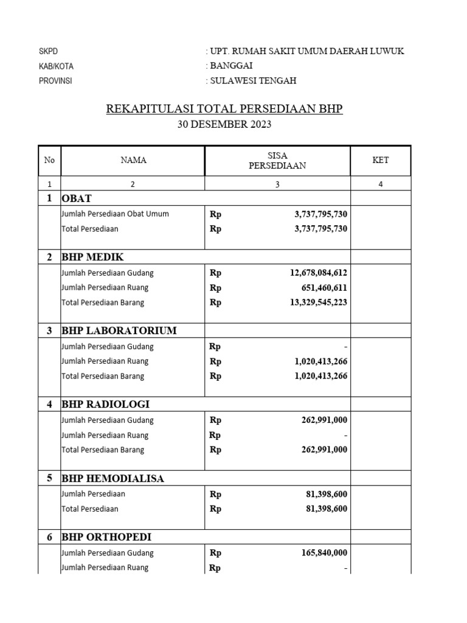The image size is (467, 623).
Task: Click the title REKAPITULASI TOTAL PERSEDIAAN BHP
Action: tap(224, 109)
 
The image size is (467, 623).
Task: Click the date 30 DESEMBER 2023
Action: tap(224, 125)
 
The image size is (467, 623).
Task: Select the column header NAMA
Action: tap(133, 161)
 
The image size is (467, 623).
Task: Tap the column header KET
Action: tap(381, 161)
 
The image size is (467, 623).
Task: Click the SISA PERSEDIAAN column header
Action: tap(277, 161)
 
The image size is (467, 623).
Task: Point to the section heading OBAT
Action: tap(77, 198)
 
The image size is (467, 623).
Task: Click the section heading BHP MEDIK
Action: tap(92, 257)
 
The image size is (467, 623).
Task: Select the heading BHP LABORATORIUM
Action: tap(119, 331)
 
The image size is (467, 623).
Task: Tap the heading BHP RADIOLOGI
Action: tap(105, 405)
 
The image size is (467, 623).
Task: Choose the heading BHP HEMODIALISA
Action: tap(112, 479)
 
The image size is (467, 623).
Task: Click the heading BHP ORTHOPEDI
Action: tap(106, 537)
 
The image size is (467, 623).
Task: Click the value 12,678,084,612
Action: tap(318, 273)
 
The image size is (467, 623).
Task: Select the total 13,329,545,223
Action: tap(318, 302)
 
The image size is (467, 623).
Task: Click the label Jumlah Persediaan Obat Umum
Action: tap(115, 214)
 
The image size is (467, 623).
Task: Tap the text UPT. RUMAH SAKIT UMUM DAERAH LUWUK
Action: tap(306, 51)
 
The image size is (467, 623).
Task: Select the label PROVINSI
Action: tap(55, 81)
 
